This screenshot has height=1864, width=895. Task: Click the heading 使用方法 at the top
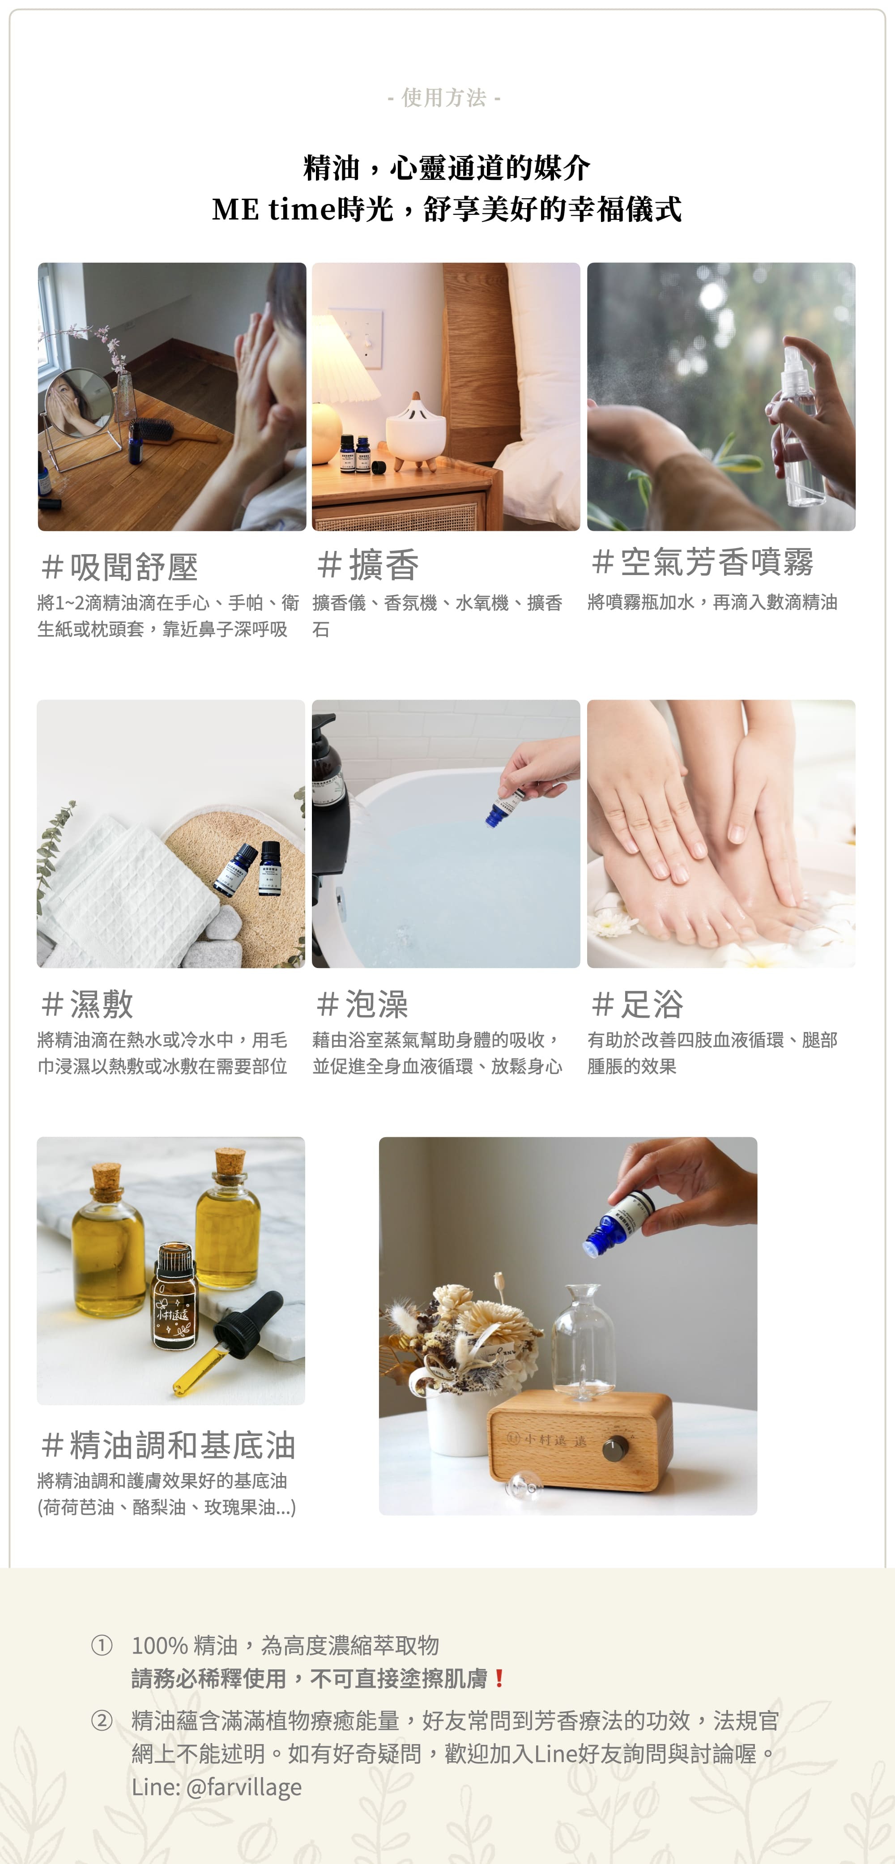point(444,97)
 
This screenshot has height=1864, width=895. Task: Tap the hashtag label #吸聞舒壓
point(119,567)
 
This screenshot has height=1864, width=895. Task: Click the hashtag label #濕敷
point(87,1004)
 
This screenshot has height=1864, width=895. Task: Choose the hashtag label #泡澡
point(362,1004)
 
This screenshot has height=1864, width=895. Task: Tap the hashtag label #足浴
point(637,1004)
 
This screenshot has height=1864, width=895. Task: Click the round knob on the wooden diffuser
point(614,1450)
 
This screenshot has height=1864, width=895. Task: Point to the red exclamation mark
point(499,1678)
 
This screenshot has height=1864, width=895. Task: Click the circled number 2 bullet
point(102,1720)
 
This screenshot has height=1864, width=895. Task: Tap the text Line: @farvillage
point(216,1787)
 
